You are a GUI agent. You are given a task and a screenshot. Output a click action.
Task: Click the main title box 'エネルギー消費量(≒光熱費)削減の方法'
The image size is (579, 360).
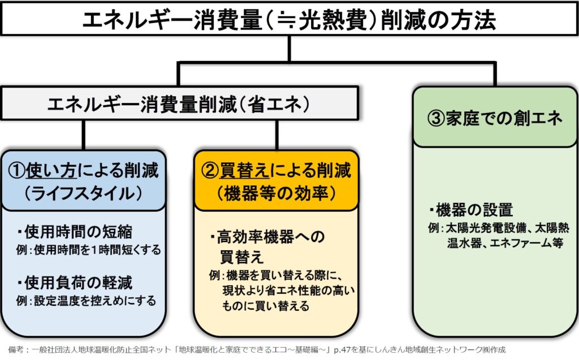tap(289, 21)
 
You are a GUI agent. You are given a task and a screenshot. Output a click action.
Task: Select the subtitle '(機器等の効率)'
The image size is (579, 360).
tap(277, 192)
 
